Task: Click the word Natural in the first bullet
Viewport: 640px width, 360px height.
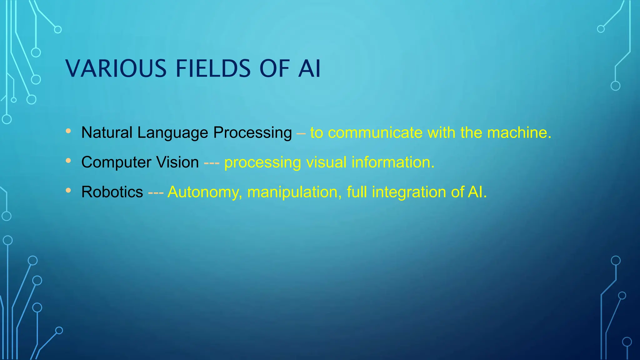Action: (107, 132)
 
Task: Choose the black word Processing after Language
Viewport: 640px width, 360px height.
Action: (252, 133)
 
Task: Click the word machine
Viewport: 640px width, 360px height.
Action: (519, 132)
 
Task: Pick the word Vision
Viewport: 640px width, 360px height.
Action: (177, 162)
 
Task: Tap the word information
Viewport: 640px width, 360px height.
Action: (393, 162)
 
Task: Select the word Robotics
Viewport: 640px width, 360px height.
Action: (112, 192)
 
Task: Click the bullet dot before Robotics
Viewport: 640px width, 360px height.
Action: (68, 190)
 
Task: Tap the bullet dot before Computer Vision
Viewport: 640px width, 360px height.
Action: (68, 161)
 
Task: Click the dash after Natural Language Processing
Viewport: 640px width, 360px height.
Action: (301, 133)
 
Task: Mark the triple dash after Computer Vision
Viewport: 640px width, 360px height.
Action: (212, 163)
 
